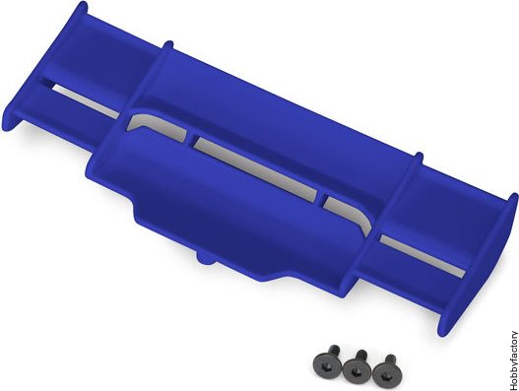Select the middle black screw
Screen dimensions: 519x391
(x=357, y=365)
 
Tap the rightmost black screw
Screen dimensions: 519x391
(x=386, y=368)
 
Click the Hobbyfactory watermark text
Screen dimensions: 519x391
(x=513, y=359)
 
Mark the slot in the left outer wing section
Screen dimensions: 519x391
(x=86, y=100)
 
